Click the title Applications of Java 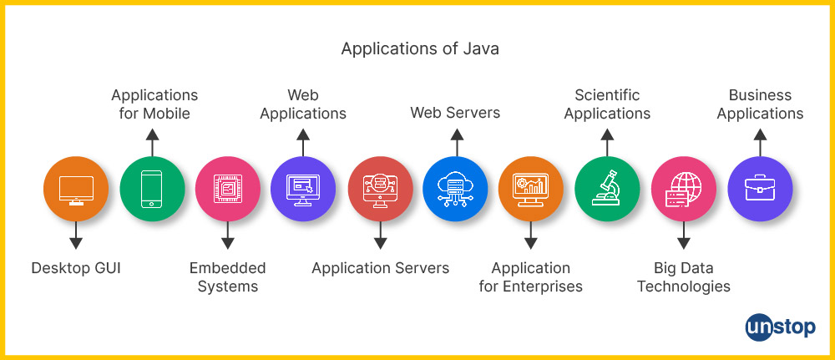[420, 48]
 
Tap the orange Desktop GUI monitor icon [76, 190]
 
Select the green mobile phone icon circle [151, 190]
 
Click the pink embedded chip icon [227, 190]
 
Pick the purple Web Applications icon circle [303, 190]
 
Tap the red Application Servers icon [380, 190]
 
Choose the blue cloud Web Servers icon [455, 190]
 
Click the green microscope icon [607, 190]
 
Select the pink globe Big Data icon [683, 190]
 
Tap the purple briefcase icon [759, 190]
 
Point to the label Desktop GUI [76, 268]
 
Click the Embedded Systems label [227, 277]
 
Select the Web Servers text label [455, 113]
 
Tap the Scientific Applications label [607, 104]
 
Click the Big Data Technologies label [683, 277]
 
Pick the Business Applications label [760, 104]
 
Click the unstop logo [780, 327]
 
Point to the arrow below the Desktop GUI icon [76, 237]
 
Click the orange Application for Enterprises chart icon [531, 190]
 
